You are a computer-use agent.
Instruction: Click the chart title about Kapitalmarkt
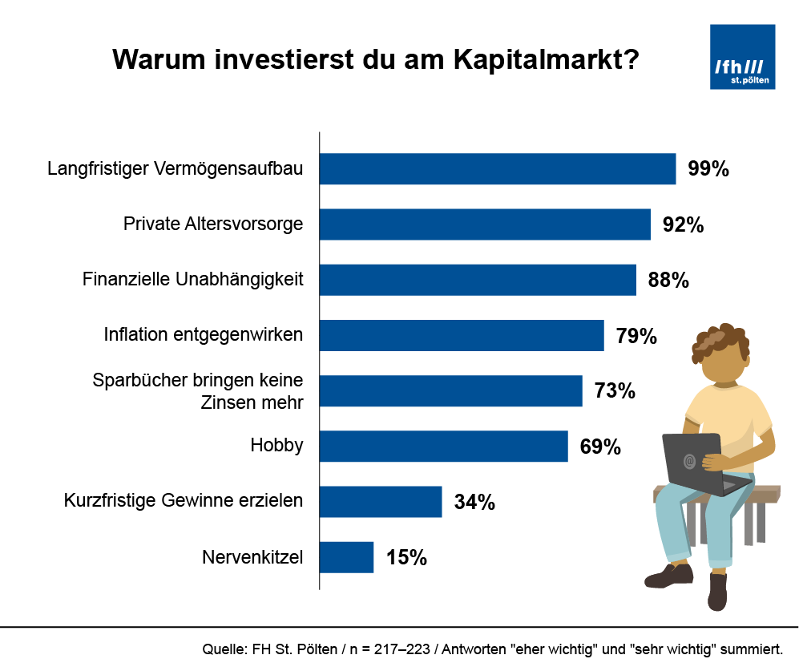click(x=375, y=60)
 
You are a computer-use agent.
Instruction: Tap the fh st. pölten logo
click(x=742, y=56)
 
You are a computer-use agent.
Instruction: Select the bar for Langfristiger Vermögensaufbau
click(x=498, y=169)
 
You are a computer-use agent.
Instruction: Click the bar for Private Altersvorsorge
click(x=485, y=224)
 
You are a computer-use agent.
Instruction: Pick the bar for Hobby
click(x=444, y=446)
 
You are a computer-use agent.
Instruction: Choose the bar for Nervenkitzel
click(x=347, y=557)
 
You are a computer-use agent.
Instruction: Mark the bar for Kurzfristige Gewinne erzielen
click(x=381, y=502)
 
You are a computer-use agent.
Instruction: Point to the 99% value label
click(x=708, y=169)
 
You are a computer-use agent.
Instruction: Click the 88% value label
click(x=668, y=280)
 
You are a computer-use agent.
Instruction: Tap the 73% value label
click(x=615, y=390)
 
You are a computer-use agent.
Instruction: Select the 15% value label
click(x=406, y=557)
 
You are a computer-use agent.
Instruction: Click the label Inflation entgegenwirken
click(x=204, y=334)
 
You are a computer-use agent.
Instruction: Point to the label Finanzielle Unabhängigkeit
click(x=193, y=280)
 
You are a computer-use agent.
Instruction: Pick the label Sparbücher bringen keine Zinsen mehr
click(x=198, y=390)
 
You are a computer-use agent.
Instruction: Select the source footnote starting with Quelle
click(x=493, y=648)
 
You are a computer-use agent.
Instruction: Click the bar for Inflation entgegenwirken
click(x=462, y=335)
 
